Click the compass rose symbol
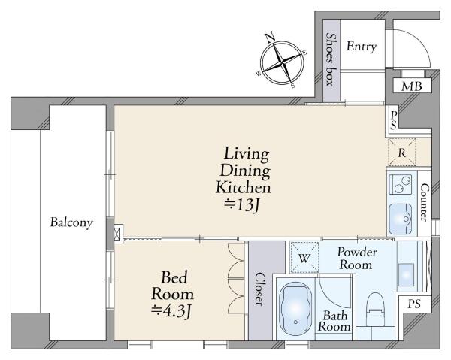pos(282,62)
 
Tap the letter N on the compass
pos(270,37)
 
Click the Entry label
pos(362,47)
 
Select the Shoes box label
pos(331,59)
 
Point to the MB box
pos(412,86)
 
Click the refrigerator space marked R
pos(401,153)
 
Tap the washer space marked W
pos(304,258)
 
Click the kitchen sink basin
pos(401,219)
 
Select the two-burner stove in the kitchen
pos(401,184)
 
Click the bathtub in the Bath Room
pos(295,309)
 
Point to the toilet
pos(376,309)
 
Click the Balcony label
pos(71,222)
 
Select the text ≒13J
pos(242,205)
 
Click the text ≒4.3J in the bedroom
pos(171,310)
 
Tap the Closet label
pos(260,289)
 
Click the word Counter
pos(424,202)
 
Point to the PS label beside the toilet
pos(414,304)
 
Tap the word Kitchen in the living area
pos(244,187)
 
